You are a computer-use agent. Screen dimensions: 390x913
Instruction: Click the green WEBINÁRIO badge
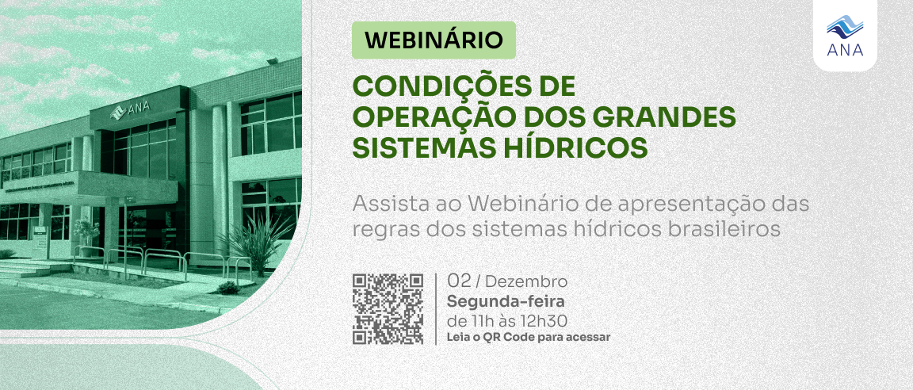coord(434,39)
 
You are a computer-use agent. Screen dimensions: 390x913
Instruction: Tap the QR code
coord(388,309)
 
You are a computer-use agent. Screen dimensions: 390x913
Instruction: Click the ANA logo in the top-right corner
coord(844,38)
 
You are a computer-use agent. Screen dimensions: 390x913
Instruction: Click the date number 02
coord(459,281)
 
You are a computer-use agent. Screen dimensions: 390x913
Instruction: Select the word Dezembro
coord(526,282)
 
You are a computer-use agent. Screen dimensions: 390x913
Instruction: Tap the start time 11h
coord(479,321)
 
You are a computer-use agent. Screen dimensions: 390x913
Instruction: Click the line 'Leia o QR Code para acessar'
coord(529,337)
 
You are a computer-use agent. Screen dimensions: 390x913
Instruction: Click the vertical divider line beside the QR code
coord(436,309)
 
